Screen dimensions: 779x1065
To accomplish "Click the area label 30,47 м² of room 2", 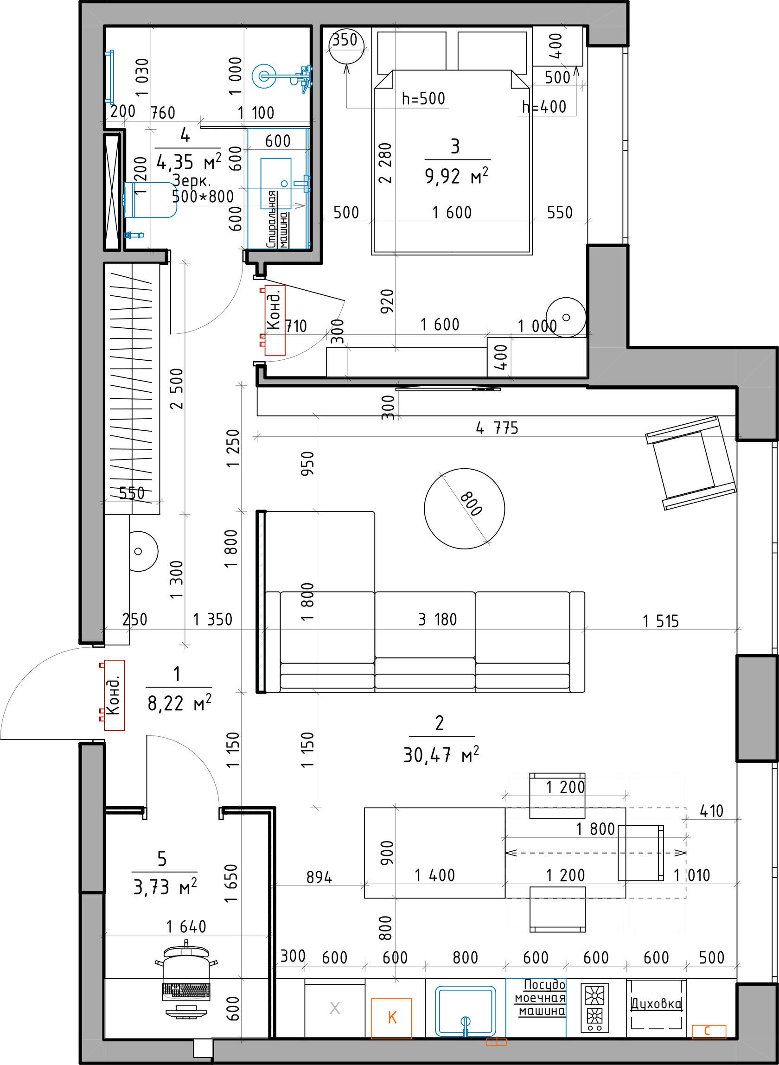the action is pos(441,755).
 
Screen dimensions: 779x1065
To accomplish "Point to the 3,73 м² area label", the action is pos(165,887).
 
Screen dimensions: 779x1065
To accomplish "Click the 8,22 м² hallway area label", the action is pos(179,703).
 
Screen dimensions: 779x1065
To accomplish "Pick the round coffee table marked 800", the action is pos(465,508).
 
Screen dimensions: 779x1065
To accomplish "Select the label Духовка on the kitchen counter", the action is pos(657,1004).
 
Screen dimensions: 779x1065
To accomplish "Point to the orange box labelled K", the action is pos(391,1018).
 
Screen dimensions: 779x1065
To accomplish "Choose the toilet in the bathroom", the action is pos(149,200).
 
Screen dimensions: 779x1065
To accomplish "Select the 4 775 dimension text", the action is pos(497,428).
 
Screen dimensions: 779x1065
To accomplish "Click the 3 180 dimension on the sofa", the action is pos(438,619).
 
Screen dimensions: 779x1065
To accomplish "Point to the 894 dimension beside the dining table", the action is pos(319,877).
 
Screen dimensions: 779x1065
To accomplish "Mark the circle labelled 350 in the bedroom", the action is pos(346,46).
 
